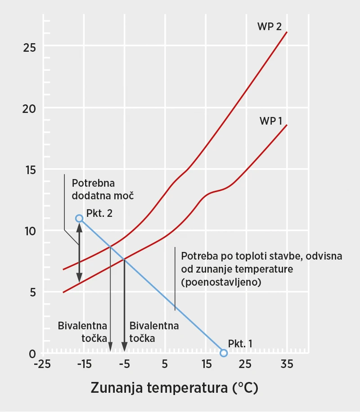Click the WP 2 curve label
tap(269, 27)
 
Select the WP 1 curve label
tap(270, 121)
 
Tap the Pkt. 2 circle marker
tap(79, 218)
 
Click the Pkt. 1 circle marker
tap(224, 353)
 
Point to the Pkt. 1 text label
tap(240, 343)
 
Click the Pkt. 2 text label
tap(99, 213)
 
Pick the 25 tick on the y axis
tap(29, 47)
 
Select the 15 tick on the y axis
tap(29, 170)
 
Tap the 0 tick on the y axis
tap(32, 354)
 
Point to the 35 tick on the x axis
tap(287, 364)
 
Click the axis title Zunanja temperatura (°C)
tap(175, 387)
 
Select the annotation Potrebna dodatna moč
tap(103, 190)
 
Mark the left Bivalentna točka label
tap(82, 332)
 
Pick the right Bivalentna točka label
tap(153, 332)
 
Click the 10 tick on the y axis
tap(29, 231)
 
